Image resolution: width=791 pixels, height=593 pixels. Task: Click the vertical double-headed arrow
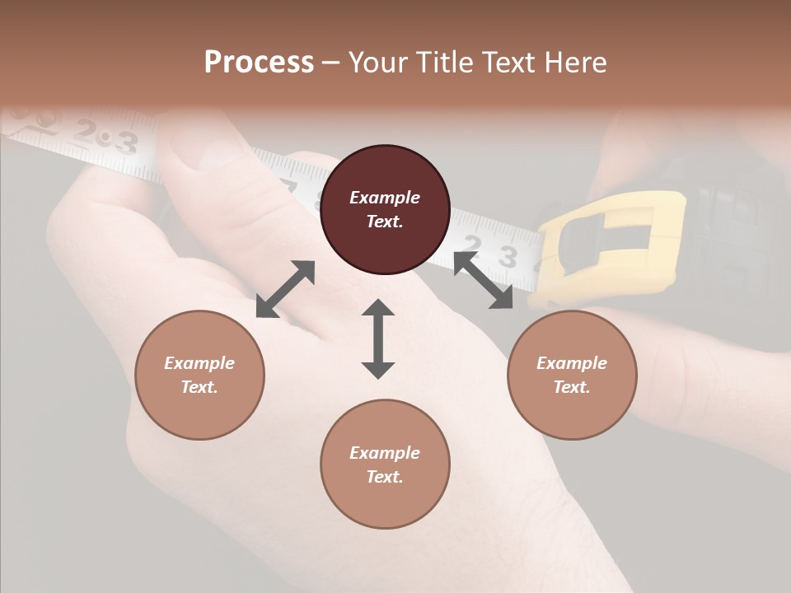(x=378, y=339)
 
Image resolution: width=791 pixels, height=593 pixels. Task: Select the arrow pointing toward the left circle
(x=285, y=288)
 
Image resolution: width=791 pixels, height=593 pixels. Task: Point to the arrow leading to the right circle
(x=483, y=280)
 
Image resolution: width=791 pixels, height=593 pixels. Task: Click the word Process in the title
(x=259, y=62)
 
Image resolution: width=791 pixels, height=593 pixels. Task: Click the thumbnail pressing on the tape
(x=198, y=144)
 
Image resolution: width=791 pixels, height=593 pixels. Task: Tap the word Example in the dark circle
(x=385, y=198)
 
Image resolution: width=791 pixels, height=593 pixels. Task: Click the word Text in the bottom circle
(x=383, y=477)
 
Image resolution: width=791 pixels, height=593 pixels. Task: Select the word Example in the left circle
(x=199, y=363)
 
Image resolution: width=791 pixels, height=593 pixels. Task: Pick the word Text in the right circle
(x=570, y=387)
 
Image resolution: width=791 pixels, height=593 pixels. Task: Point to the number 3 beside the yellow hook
(x=508, y=258)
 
